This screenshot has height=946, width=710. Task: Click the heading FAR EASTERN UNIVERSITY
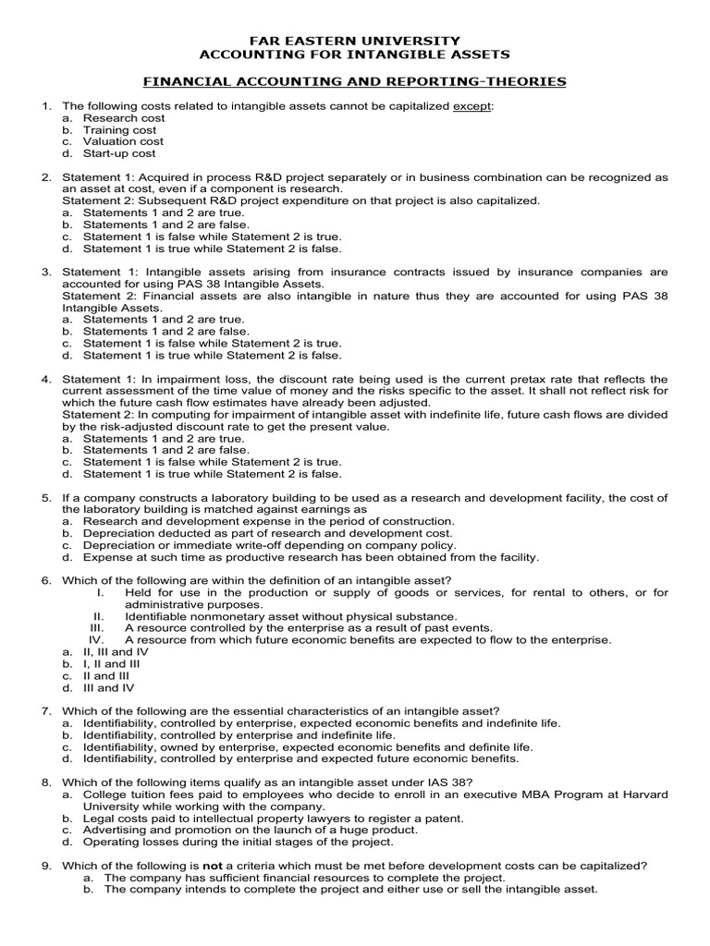coord(355,41)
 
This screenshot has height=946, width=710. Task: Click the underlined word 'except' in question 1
coord(471,106)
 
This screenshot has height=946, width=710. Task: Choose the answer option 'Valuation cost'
coord(123,141)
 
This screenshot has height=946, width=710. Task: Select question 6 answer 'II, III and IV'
coord(116,651)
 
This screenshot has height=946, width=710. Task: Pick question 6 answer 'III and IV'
coord(108,687)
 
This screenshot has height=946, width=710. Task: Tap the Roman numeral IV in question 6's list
coord(94,639)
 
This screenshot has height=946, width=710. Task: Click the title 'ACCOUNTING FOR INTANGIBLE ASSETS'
coord(355,55)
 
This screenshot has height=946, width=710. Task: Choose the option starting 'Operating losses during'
coord(238,842)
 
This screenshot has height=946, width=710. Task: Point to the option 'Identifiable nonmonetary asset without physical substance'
coord(290,616)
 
